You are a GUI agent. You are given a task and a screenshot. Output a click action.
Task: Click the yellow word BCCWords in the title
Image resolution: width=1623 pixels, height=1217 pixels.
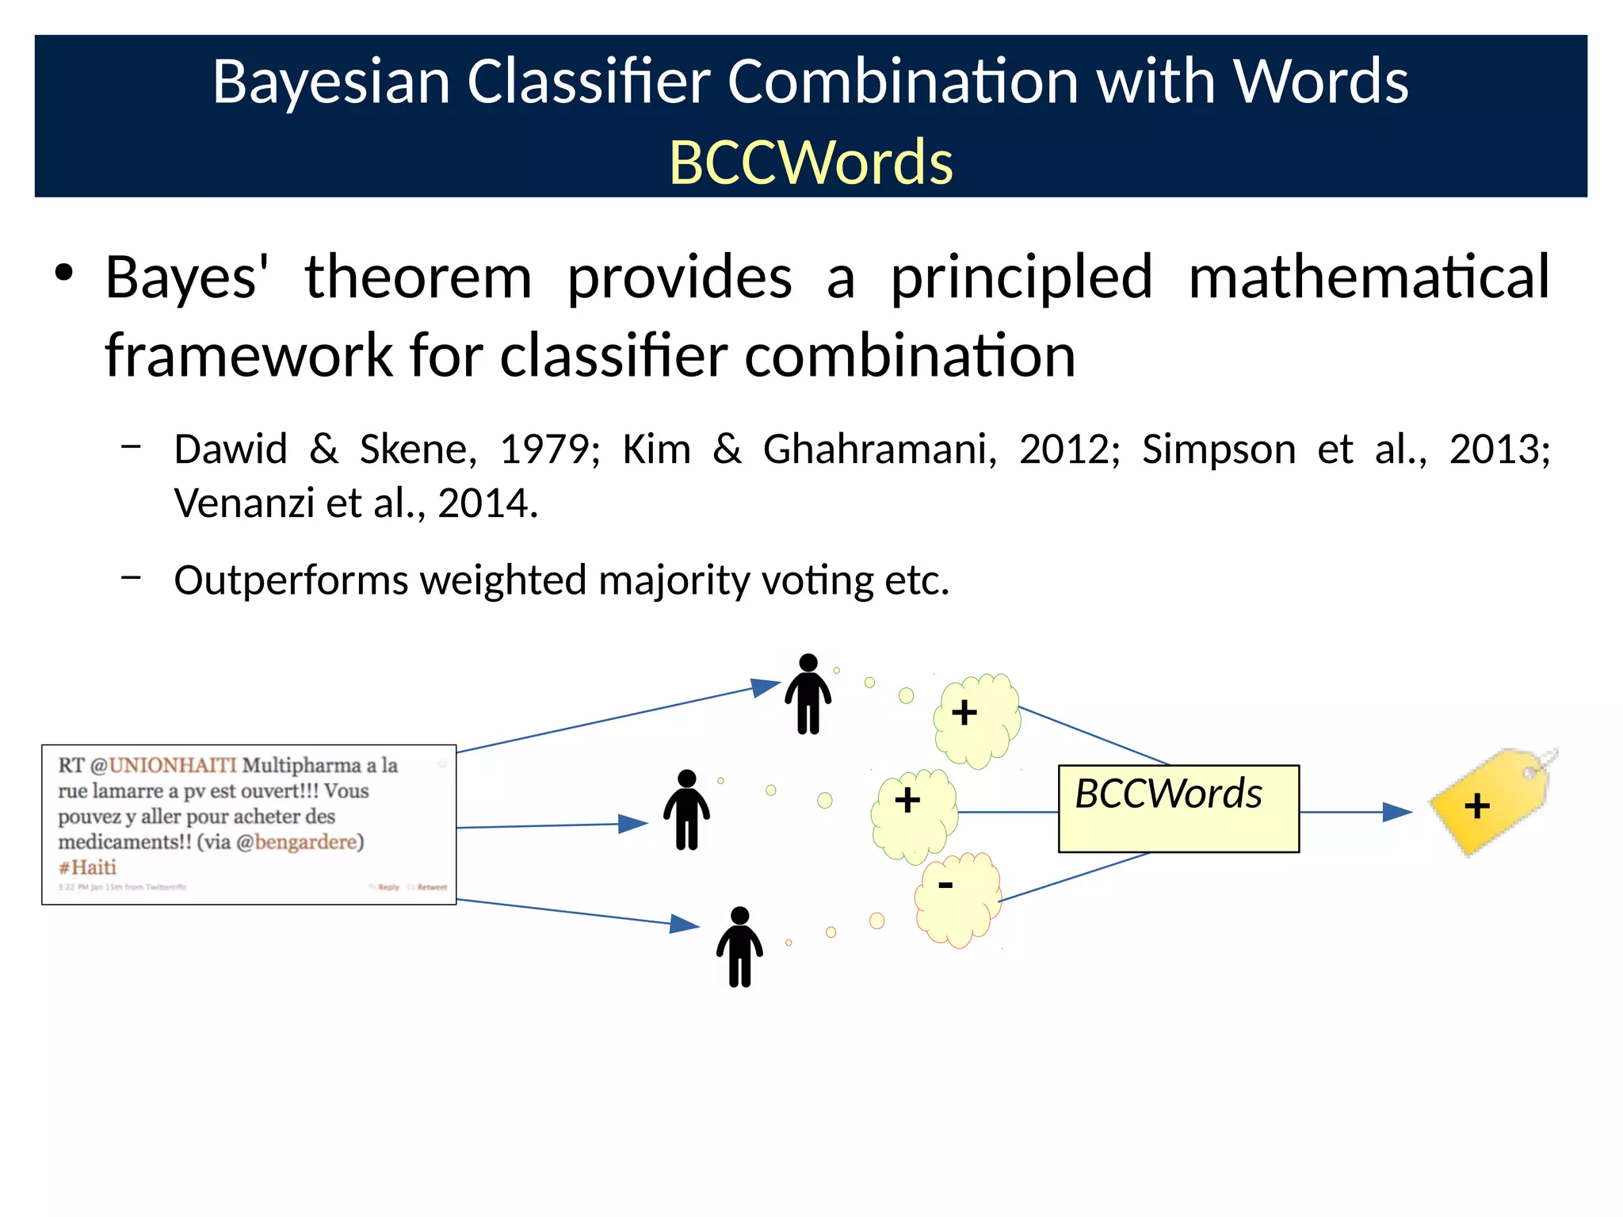[811, 163]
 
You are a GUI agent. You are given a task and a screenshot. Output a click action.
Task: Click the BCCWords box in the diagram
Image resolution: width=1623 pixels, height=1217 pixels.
[1178, 809]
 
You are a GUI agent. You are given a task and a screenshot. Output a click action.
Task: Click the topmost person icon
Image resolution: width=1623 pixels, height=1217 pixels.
[808, 694]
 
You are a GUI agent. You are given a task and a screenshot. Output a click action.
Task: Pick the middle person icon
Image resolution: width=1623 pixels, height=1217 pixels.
[686, 809]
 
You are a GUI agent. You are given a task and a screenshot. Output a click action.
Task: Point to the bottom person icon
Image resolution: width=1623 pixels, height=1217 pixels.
[739, 947]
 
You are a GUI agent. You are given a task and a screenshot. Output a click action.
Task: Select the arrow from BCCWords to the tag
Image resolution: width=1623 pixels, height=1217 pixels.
[1355, 812]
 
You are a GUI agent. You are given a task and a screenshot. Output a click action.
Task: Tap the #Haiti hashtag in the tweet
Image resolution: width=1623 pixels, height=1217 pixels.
[87, 867]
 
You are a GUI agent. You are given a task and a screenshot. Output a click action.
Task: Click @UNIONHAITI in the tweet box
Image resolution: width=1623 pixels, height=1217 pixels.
[163, 765]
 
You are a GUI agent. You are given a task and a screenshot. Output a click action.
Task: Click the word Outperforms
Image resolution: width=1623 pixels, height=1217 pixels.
[290, 580]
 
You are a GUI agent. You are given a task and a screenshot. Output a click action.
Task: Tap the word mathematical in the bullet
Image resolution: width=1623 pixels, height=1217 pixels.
[1369, 277]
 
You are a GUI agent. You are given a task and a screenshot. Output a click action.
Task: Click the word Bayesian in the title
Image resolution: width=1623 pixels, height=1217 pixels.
[330, 82]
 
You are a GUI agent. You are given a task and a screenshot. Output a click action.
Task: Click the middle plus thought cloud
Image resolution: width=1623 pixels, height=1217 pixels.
[914, 814]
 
